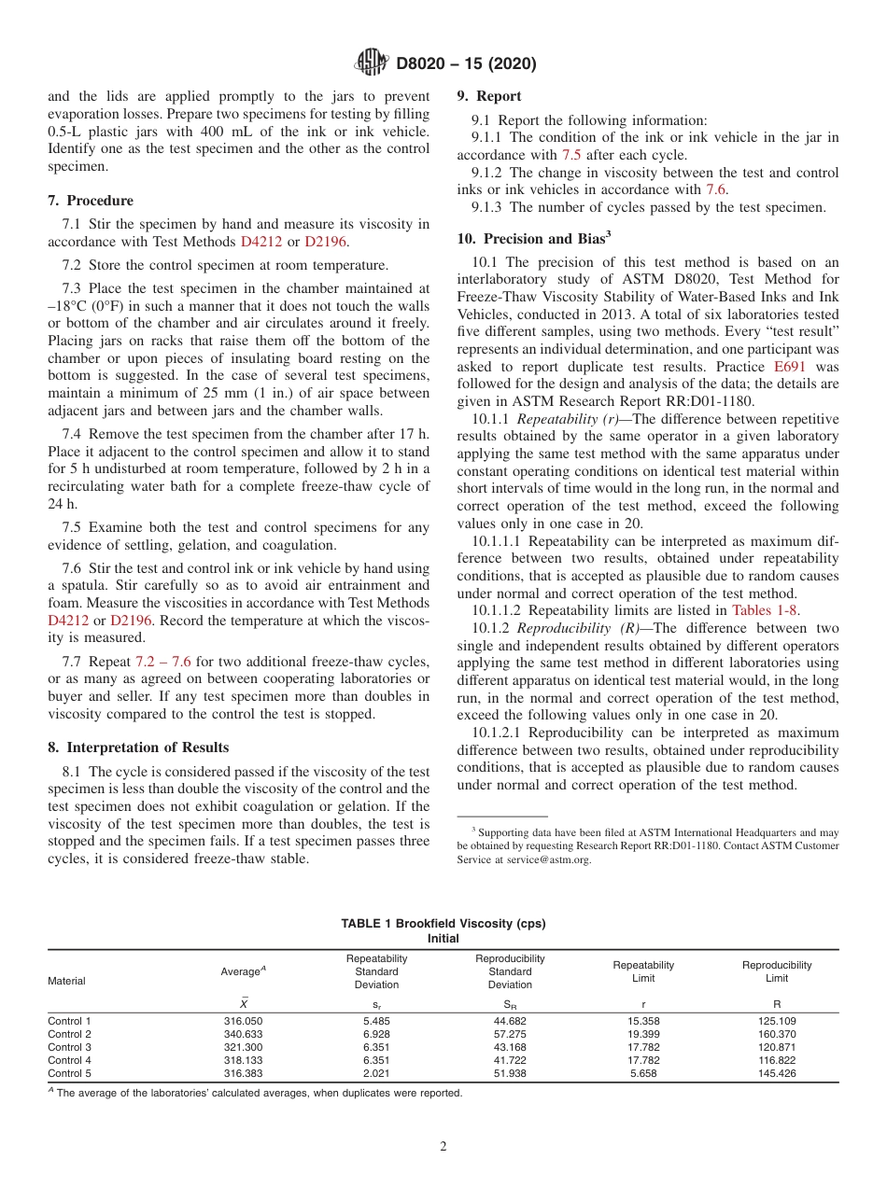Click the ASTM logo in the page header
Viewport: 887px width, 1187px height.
[373, 63]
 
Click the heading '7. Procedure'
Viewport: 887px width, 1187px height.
[91, 201]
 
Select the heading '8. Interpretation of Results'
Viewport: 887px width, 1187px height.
[138, 747]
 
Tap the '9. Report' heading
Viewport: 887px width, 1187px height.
[489, 96]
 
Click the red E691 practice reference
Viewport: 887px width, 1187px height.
[821, 368]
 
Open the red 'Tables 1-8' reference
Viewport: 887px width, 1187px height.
[766, 610]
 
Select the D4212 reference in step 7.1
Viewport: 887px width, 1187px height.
[261, 241]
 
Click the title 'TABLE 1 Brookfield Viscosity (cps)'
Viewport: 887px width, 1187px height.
[443, 924]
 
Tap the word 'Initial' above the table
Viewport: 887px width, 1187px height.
[443, 938]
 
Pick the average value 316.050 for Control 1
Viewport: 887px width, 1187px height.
[243, 1021]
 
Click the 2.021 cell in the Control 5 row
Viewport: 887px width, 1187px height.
[376, 1073]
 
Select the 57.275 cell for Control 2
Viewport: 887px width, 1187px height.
[510, 1034]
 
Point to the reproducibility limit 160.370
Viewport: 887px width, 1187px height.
[777, 1034]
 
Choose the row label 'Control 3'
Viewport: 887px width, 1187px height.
[70, 1047]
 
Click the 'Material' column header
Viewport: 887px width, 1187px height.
[66, 981]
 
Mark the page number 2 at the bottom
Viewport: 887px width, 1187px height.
[443, 1148]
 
